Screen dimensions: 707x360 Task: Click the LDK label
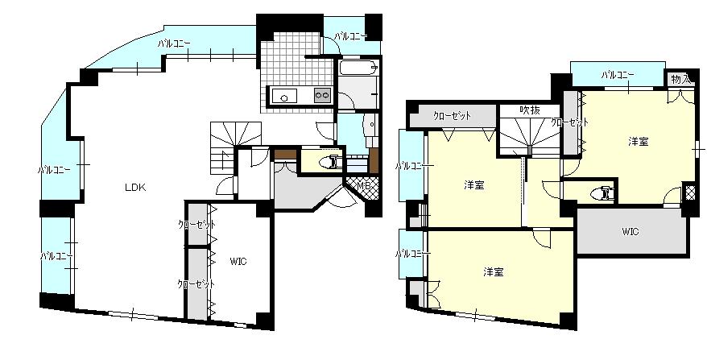coord(135,187)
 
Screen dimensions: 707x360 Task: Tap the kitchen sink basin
coord(284,96)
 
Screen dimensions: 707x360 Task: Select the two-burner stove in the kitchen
coord(322,95)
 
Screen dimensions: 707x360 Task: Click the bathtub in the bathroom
coord(358,68)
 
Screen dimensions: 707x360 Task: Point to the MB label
coord(363,185)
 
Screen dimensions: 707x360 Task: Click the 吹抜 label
coord(529,110)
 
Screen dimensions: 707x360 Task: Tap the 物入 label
coord(680,80)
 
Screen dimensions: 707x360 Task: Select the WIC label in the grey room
coord(631,232)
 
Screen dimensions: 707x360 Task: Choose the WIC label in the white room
coord(238,261)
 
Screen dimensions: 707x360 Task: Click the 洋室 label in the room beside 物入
coord(639,141)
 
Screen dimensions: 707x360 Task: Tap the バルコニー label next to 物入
coord(618,75)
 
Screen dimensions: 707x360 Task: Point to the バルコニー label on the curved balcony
coord(174,43)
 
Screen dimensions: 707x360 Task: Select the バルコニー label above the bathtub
coord(350,36)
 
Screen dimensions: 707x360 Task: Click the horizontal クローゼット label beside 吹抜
coord(453,115)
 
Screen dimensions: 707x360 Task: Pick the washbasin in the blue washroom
coord(370,123)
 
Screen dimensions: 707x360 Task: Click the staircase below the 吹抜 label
coord(529,134)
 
